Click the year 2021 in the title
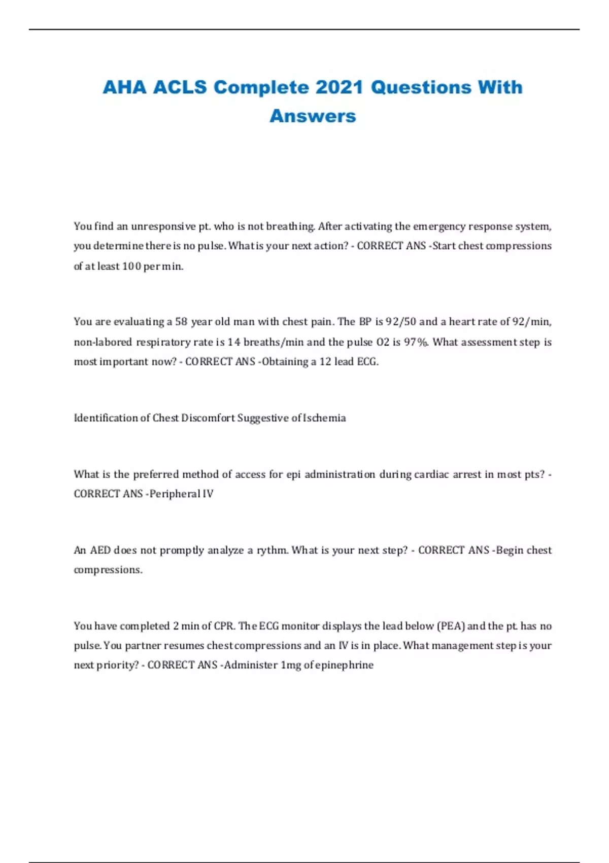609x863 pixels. (339, 87)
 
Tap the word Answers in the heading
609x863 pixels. (313, 116)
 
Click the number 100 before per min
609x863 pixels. (131, 266)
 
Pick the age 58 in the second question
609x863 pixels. (181, 322)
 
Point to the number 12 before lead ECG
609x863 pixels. (325, 362)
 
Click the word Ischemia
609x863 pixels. (324, 418)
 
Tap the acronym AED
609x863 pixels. (100, 550)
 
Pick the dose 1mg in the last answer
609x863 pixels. (291, 665)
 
